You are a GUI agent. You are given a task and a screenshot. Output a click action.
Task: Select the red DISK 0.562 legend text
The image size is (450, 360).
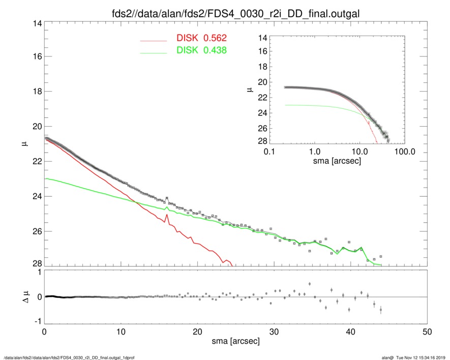(201, 38)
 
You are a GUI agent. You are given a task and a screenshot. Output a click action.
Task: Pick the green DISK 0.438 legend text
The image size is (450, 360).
(201, 50)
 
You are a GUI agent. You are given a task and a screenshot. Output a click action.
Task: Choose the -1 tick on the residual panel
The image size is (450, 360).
(37, 321)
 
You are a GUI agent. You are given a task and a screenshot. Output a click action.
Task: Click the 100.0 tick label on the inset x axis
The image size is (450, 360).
(405, 152)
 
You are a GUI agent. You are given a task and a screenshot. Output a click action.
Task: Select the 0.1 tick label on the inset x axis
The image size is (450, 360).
(269, 152)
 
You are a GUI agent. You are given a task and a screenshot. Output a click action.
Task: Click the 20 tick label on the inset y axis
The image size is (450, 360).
(262, 82)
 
